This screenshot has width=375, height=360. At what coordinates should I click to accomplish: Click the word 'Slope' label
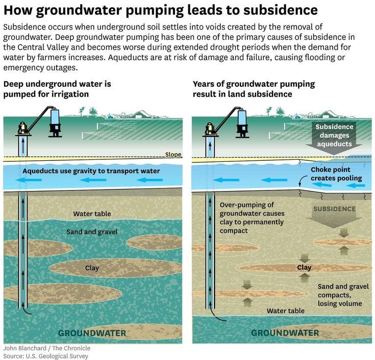pos(173,155)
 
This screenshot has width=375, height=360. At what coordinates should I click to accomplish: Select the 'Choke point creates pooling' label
pos(336,174)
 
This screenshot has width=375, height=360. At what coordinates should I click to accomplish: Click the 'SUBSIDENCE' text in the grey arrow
pos(334,209)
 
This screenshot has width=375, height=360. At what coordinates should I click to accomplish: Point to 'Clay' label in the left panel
pos(92,268)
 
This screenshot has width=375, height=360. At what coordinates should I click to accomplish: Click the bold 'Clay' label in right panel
pos(304,268)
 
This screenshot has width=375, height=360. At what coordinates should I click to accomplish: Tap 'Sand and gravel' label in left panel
pos(92,232)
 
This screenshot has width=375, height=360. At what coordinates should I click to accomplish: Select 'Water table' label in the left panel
pos(92,214)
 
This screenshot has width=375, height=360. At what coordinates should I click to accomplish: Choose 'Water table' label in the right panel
pos(286,310)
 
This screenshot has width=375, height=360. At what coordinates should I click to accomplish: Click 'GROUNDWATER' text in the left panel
pos(92,333)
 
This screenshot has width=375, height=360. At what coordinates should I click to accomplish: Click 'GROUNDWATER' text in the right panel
pos(285,333)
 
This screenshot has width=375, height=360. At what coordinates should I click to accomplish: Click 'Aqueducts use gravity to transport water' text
pos(91,171)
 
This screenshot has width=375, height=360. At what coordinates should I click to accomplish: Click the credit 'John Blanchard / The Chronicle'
pos(45,348)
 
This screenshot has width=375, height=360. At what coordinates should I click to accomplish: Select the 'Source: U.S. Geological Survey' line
pos(46,356)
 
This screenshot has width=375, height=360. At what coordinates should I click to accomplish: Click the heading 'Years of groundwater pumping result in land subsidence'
pos(254,89)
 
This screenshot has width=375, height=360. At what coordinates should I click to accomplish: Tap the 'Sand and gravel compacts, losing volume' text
pos(343,295)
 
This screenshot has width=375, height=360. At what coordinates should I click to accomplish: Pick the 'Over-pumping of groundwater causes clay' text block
pos(252,218)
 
